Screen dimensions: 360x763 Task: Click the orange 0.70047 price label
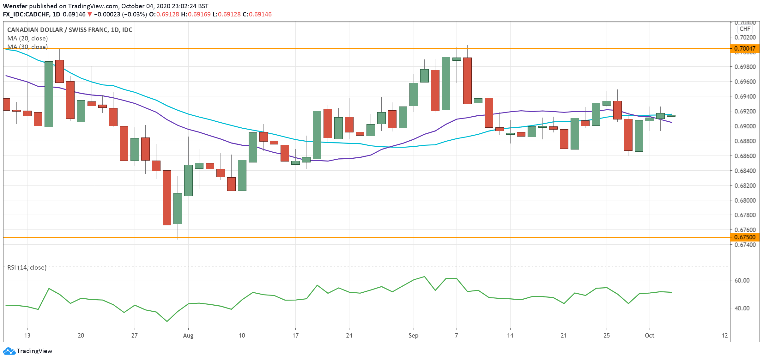point(745,48)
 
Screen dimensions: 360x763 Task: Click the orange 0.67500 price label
point(745,237)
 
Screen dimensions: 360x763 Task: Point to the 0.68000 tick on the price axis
point(745,200)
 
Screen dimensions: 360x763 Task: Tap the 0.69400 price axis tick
point(745,96)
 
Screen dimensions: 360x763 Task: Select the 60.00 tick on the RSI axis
point(742,280)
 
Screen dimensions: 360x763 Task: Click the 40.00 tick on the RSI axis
point(742,308)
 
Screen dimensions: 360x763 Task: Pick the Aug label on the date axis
point(188,336)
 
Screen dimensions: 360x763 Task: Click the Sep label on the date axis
point(413,336)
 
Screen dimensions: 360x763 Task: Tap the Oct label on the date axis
point(649,336)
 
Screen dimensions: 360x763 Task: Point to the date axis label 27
point(134,336)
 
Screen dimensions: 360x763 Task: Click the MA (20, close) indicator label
point(27,39)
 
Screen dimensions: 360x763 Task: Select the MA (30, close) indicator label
point(27,47)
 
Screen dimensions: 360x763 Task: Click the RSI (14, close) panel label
point(27,268)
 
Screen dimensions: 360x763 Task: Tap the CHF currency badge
point(745,29)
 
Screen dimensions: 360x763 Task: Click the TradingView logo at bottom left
point(27,351)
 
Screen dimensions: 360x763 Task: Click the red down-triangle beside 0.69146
point(90,14)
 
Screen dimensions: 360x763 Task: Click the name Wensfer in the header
point(15,6)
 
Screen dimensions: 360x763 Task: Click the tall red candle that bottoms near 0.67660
point(167,198)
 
